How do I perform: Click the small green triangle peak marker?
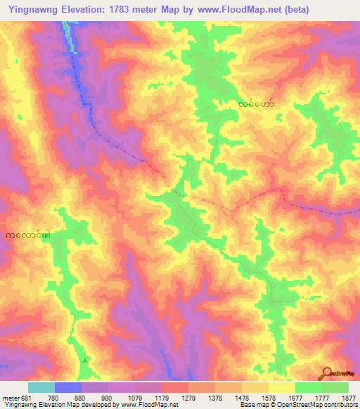pos(86,361)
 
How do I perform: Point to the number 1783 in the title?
pos(113,7)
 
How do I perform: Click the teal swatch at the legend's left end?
pos(41,388)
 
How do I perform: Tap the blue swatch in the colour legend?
pos(68,388)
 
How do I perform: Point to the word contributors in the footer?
pos(341,405)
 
